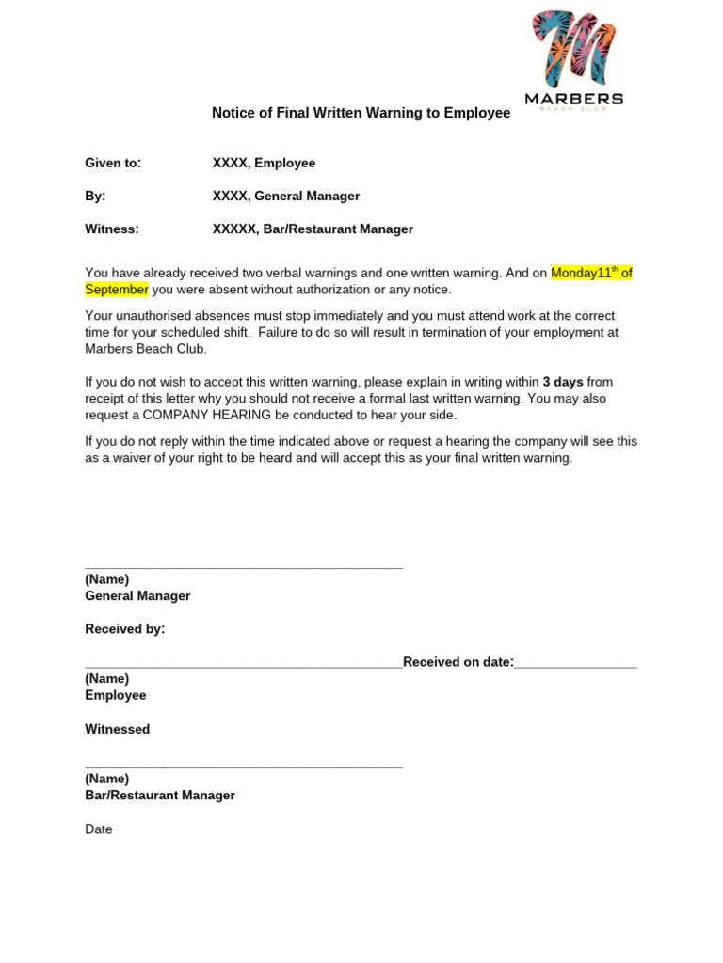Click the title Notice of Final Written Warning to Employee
361,113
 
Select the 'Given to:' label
113,163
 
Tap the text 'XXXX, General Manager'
286,196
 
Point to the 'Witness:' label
112,229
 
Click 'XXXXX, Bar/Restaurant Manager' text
313,229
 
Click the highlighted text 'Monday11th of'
591,273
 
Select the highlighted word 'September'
117,290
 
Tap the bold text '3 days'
563,382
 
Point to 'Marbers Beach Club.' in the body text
145,349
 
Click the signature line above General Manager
244,567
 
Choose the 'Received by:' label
125,628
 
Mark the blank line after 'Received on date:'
575,665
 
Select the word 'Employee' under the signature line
116,695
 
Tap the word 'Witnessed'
118,729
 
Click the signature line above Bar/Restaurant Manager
244,766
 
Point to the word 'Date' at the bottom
99,829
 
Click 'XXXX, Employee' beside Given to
264,163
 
